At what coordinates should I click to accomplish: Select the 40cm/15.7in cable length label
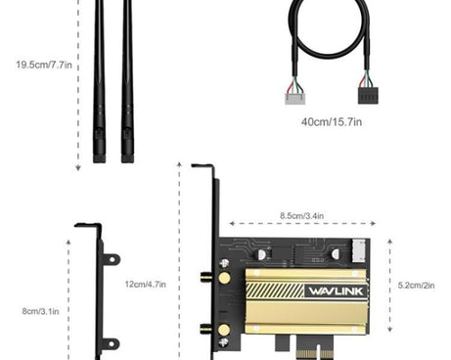tap(331, 122)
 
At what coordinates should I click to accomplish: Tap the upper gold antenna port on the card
tap(224, 279)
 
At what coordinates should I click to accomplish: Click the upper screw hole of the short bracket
tap(113, 260)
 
